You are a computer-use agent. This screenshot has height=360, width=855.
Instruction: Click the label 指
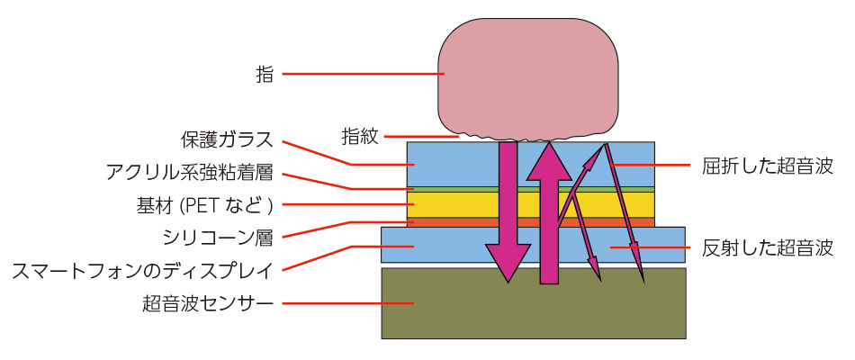[265, 74]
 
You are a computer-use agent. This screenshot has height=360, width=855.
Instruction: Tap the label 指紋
[360, 136]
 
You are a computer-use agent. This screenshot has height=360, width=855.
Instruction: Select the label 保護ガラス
[226, 140]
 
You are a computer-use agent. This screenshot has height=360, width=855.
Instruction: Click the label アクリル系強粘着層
[189, 174]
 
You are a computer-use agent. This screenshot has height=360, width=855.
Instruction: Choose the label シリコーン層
[218, 238]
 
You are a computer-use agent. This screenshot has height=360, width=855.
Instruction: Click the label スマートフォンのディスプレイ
[142, 270]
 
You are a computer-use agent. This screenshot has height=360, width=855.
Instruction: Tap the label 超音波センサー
[207, 302]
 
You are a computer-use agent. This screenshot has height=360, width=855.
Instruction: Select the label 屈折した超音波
[768, 166]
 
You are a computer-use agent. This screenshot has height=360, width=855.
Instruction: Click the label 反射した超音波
[768, 248]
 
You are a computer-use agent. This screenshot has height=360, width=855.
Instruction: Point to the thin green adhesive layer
[531, 189]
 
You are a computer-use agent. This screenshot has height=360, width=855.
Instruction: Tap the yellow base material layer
[531, 204]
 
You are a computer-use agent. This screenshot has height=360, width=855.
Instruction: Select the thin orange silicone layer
[531, 222]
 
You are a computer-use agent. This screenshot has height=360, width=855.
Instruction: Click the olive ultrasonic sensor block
[534, 302]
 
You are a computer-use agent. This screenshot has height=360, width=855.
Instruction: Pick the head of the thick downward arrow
[508, 262]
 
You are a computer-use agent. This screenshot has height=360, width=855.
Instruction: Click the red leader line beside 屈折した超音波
[645, 164]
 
